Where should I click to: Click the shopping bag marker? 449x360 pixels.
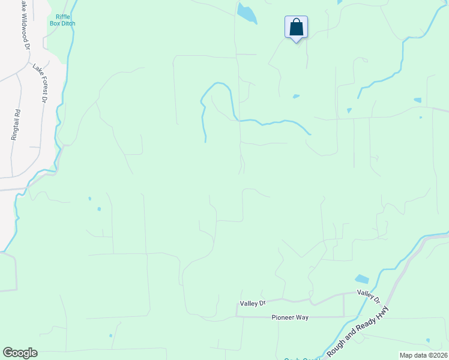(296, 27)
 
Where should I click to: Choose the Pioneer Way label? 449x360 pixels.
(290, 317)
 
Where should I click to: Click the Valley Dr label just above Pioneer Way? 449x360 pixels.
(253, 304)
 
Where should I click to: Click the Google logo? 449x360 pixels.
(20, 353)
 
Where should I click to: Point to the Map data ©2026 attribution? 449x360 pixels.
(423, 355)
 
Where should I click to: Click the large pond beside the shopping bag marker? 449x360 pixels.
(246, 13)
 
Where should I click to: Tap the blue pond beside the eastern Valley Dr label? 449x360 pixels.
(362, 279)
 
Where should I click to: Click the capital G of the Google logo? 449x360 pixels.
(8, 353)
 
